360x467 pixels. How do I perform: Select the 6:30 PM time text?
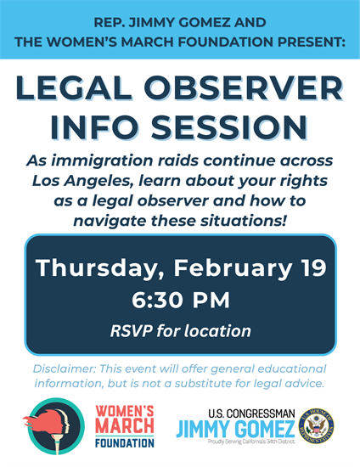tap(180, 301)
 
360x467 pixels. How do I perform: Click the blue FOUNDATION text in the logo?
tap(124, 442)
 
